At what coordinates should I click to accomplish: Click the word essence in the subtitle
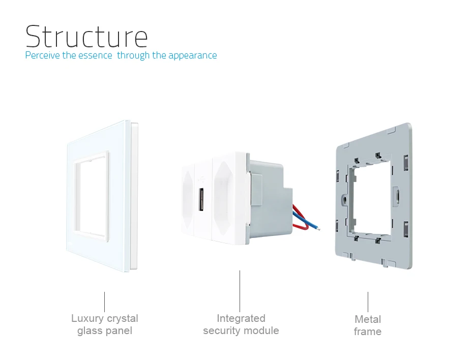(x=96, y=55)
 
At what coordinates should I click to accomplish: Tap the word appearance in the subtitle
(x=192, y=55)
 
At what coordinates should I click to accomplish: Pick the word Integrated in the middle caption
(x=241, y=319)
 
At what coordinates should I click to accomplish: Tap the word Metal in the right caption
(x=367, y=319)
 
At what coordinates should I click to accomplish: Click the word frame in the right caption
(x=367, y=332)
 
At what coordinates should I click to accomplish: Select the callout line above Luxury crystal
(x=105, y=302)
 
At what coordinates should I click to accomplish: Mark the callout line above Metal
(x=368, y=302)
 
